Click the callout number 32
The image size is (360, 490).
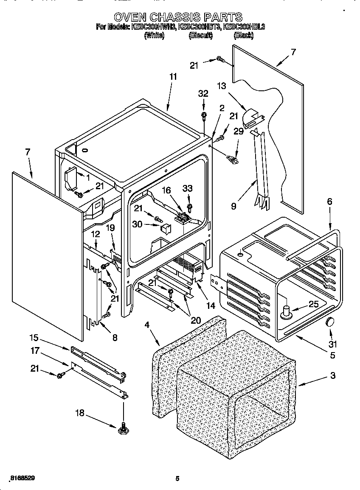coord(203,94)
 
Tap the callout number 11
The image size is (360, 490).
coord(173,77)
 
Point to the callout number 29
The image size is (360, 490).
coord(239,132)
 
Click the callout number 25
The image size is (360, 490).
coord(313,304)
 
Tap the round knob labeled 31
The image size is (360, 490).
coord(330,323)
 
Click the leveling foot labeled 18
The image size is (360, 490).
coord(124,428)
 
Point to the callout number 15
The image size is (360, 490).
coord(34,338)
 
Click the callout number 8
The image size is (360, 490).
coord(114,338)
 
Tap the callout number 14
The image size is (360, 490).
coord(211,305)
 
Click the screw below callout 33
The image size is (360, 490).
coord(189,207)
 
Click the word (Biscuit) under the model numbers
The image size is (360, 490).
coord(200,36)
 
